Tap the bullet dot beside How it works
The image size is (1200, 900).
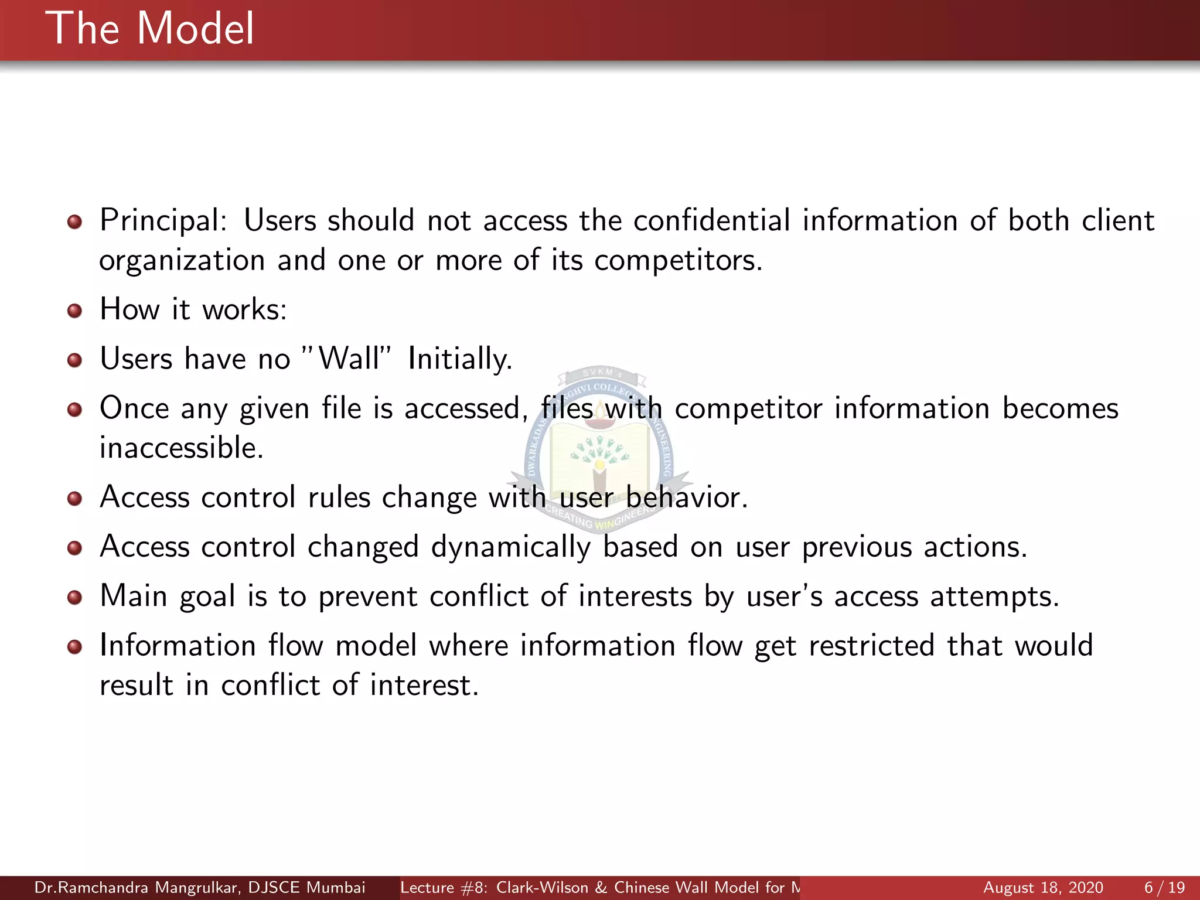coord(74,310)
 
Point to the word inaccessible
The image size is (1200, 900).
coord(181,448)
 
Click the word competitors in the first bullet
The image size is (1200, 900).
coord(677,261)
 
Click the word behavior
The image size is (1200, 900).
coord(686,497)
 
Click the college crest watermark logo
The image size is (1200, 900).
coord(599,451)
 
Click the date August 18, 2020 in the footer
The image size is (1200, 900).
coord(1043,888)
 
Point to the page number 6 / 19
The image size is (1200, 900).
coord(1164,888)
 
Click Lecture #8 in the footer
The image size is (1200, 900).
coord(444,888)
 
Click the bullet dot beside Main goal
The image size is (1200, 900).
coord(74,598)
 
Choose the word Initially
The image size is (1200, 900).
coord(459,359)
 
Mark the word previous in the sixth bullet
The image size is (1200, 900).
coord(857,547)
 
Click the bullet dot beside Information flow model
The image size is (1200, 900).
coord(74,647)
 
